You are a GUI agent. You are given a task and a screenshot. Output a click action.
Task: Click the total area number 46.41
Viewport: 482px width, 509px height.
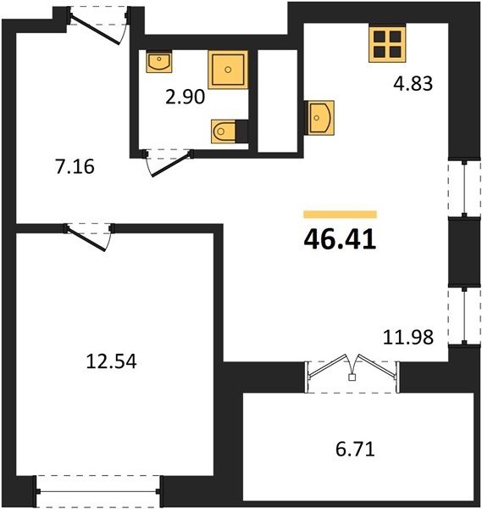tap(340, 239)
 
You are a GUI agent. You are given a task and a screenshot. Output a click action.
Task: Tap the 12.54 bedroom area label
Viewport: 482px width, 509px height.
tap(111, 361)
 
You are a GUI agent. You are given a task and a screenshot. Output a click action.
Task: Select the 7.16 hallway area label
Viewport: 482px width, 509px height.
tap(75, 166)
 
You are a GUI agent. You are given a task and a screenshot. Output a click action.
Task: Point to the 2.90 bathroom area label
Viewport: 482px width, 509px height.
tap(185, 97)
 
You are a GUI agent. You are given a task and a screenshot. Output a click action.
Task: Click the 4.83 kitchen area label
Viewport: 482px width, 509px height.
tap(413, 83)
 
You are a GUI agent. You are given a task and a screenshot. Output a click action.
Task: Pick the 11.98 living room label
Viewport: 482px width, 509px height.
tap(408, 337)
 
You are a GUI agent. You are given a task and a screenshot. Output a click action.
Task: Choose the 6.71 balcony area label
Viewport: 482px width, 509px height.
tap(355, 450)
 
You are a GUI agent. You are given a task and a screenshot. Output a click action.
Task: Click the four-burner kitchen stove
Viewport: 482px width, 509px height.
tap(387, 44)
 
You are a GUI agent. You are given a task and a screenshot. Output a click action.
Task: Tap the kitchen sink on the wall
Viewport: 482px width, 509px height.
tap(319, 118)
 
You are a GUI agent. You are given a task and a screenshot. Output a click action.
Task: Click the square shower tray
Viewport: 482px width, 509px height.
tap(228, 70)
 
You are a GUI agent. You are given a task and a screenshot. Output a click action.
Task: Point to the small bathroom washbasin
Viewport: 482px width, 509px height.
tap(158, 61)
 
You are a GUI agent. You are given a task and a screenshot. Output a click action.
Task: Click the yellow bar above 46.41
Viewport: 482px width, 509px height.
tap(340, 215)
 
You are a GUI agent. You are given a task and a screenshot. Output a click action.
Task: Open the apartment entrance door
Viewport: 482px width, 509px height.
tap(98, 26)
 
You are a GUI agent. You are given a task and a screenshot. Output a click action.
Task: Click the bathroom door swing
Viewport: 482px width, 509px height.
tap(169, 163)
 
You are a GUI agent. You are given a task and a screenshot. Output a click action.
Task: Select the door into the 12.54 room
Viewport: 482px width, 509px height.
tap(88, 238)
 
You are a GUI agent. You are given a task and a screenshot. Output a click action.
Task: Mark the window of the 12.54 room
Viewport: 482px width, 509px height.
tap(98, 492)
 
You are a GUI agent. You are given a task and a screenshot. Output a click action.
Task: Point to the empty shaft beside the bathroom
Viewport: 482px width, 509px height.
tap(278, 101)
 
